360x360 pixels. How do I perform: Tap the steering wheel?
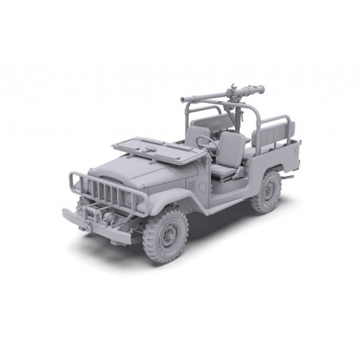coord(204,141)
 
